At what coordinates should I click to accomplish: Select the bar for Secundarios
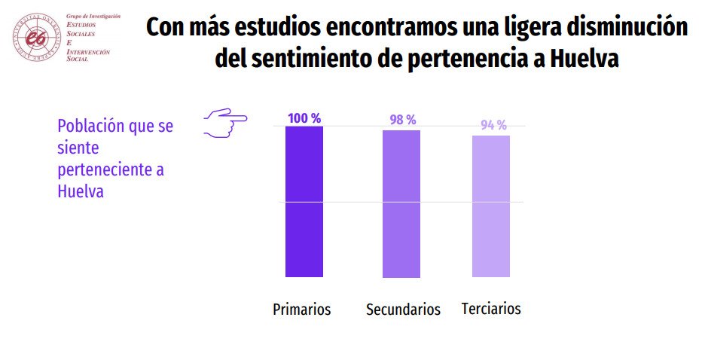[401, 204]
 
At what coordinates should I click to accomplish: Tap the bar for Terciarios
[491, 206]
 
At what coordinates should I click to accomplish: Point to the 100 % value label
[304, 118]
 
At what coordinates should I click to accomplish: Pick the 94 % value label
[493, 125]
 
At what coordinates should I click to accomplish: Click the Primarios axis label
[301, 310]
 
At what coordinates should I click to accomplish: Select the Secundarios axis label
[403, 310]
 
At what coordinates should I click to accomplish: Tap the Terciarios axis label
[491, 309]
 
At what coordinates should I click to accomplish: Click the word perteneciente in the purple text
[104, 169]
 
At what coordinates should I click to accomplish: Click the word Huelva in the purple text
[80, 191]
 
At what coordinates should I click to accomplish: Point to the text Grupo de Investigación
[93, 16]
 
